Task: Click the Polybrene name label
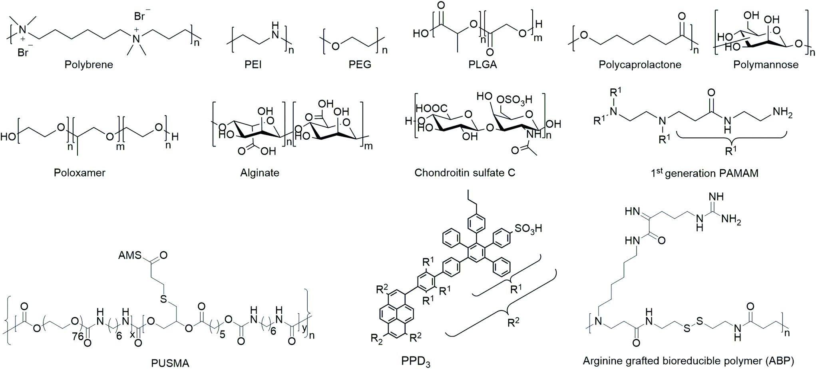click(89, 65)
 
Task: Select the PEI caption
click(253, 65)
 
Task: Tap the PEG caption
click(360, 65)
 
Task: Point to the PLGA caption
click(483, 65)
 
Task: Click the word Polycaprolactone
click(640, 65)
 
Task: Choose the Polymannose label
click(766, 65)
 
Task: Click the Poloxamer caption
click(80, 173)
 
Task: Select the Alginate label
click(260, 173)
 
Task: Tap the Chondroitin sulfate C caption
click(465, 173)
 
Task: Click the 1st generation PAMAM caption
click(704, 173)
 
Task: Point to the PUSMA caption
click(170, 363)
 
